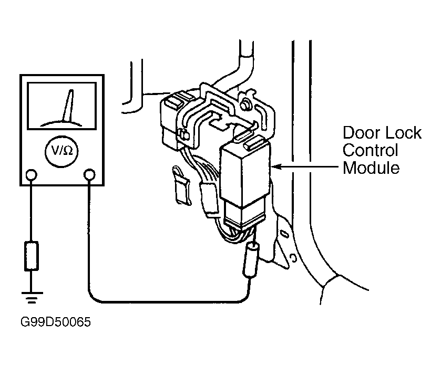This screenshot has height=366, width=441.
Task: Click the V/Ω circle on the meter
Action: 61,152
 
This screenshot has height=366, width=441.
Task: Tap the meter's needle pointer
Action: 68,106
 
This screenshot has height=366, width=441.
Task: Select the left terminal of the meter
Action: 31,175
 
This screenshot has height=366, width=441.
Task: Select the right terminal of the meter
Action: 89,175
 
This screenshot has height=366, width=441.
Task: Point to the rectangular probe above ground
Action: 31,256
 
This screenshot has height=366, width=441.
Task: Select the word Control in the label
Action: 370,150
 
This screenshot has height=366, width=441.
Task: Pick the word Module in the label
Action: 371,168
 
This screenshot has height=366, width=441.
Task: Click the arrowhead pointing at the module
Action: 276,166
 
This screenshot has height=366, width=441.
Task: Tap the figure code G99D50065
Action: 56,322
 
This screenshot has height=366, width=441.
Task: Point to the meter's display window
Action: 62,106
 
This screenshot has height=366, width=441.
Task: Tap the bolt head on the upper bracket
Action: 245,104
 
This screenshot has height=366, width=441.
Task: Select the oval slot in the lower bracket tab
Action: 283,234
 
